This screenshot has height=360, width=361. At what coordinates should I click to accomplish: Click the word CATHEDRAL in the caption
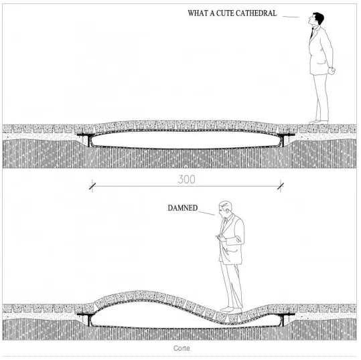pos(257,13)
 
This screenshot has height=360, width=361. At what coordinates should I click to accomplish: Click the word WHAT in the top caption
pos(198,13)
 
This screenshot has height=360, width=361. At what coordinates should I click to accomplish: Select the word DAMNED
pos(183,208)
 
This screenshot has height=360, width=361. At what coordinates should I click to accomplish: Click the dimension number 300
pos(186,179)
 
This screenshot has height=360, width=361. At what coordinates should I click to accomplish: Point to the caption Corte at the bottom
pos(182,348)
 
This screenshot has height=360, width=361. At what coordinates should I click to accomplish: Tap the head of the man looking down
pos(225,208)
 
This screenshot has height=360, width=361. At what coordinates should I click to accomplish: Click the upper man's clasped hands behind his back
pos(332,70)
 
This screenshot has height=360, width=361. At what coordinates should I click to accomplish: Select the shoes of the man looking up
pos(318,122)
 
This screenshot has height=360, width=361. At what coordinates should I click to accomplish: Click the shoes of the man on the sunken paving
pos(231,310)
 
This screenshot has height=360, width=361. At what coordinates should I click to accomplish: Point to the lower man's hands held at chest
pos(220,238)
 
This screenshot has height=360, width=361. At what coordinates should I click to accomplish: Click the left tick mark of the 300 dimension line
pos(92,186)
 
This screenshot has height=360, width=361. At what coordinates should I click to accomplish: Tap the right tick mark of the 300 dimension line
pos(281,186)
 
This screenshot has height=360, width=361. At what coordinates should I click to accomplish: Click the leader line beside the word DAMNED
pos(206,213)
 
